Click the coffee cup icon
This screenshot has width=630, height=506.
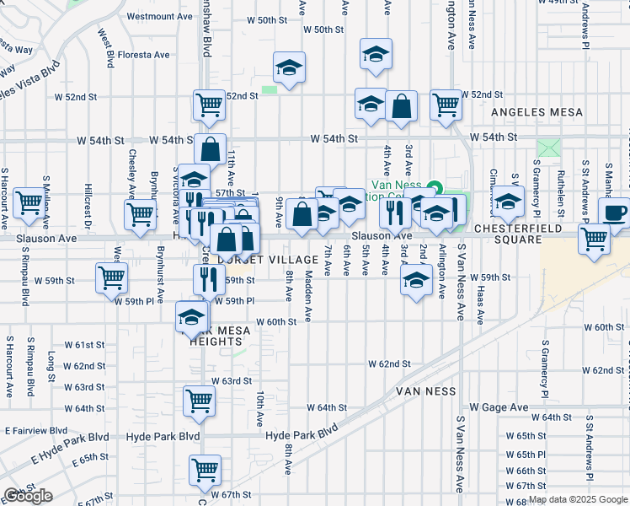click(614, 212)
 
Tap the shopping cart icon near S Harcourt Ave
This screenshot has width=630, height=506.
click(29, 201)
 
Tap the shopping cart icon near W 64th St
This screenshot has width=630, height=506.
click(200, 400)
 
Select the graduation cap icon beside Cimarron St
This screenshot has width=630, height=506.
click(508, 200)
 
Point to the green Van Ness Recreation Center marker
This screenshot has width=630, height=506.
click(435, 186)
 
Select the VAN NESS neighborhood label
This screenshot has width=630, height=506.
click(425, 391)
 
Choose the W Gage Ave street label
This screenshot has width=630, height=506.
click(498, 407)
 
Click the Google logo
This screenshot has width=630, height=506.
click(28, 496)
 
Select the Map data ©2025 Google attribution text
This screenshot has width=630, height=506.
click(577, 499)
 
